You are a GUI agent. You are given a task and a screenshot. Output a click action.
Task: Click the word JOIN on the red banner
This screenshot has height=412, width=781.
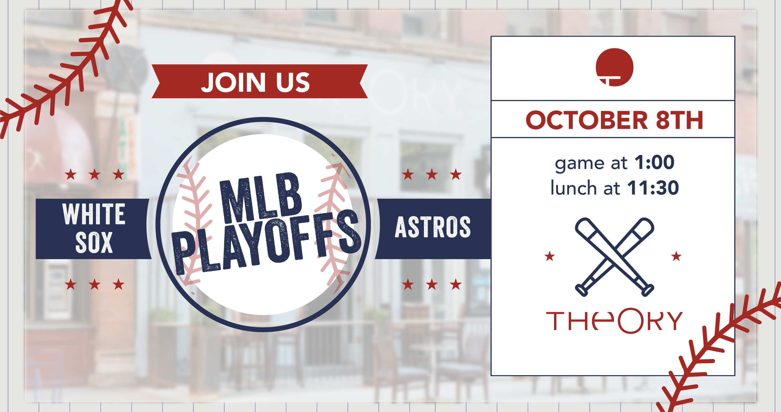233,82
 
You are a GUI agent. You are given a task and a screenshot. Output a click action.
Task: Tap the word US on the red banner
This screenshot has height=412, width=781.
293,82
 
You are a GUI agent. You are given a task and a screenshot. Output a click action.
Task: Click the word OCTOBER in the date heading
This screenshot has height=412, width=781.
586,120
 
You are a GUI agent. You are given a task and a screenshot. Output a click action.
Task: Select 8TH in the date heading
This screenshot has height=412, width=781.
679,120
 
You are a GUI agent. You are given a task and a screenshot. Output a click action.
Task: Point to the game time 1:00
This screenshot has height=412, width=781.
654,162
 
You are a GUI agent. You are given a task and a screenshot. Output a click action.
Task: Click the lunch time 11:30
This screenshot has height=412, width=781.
653,188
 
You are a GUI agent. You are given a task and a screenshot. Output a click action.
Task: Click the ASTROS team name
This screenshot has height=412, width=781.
433,227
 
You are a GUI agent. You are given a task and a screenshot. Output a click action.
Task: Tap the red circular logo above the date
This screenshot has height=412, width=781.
614,67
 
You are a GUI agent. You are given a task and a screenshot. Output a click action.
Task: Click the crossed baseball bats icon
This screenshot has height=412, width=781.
614,257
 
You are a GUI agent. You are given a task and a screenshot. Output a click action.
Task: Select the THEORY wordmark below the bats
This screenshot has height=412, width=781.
614,321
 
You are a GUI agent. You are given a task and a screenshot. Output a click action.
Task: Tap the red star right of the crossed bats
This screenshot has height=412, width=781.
676,256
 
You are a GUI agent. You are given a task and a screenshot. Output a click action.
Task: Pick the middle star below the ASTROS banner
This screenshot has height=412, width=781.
432,285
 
